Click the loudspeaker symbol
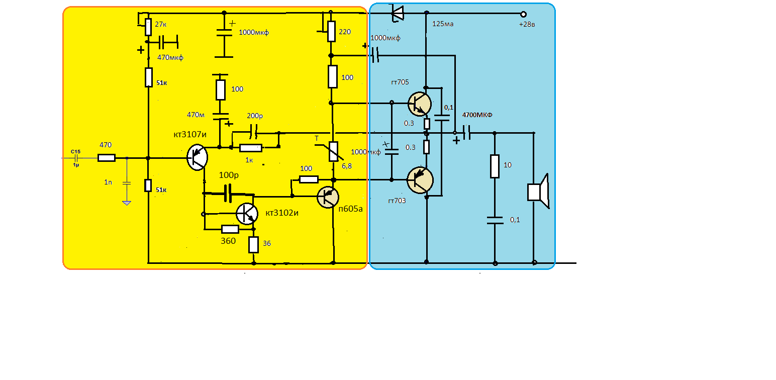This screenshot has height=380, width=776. tap(538, 192)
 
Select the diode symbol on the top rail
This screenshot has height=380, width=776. tap(397, 13)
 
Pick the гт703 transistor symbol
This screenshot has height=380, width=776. tap(420, 180)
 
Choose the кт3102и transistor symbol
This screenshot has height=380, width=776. tap(247, 214)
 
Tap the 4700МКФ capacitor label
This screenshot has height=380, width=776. tap(477, 115)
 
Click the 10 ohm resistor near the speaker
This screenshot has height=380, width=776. tap(495, 166)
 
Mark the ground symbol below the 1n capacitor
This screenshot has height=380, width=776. tap(127, 203)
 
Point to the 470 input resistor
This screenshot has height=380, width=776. tap(106, 158)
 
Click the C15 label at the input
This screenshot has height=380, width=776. tap(75, 151)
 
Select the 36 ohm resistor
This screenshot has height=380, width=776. tap(253, 245)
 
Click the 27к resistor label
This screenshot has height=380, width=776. tap(161, 24)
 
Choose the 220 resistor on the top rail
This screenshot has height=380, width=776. tap(331, 31)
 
